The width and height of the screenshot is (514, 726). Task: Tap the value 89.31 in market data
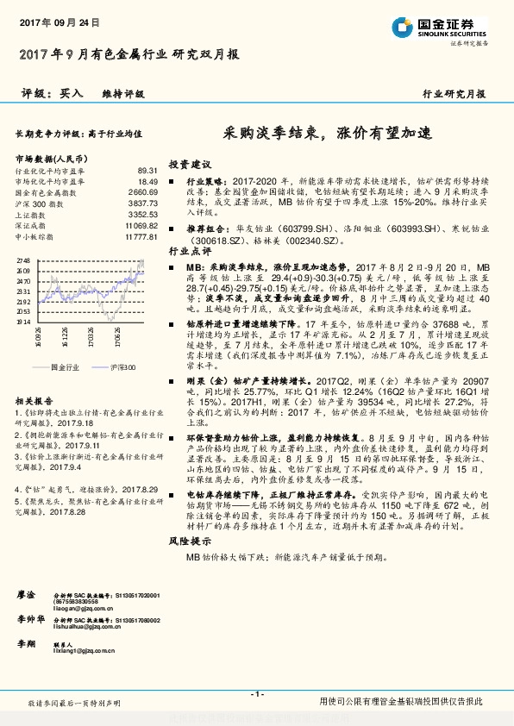(x=147, y=172)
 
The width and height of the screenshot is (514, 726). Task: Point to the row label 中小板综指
(x=35, y=235)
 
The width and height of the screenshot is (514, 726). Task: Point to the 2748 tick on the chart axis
(x=23, y=260)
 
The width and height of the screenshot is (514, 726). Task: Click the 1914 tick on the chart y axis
(x=23, y=321)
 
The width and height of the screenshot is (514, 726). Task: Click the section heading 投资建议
(x=190, y=164)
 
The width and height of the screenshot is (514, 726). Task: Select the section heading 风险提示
(x=190, y=541)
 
